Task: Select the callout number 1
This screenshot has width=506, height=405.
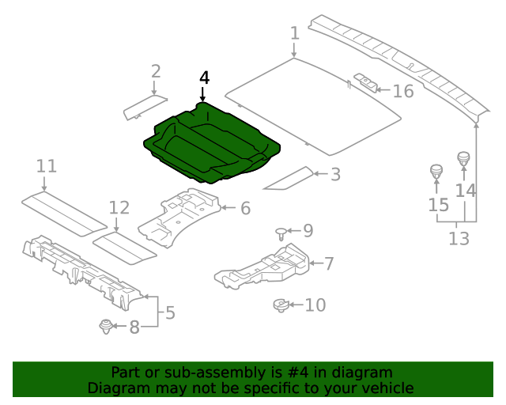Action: (295, 33)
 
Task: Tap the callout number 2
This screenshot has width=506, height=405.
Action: (156, 71)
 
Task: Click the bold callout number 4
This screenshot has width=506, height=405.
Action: (205, 78)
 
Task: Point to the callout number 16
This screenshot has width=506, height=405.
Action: (403, 91)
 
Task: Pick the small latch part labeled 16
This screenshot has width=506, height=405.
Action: (366, 82)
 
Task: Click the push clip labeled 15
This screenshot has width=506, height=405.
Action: (435, 171)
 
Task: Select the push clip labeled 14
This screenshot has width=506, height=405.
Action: (463, 158)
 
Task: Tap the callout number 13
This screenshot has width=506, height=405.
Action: (459, 238)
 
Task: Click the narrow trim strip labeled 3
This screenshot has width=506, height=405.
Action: (288, 180)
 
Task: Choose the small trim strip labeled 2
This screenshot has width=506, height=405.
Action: (145, 107)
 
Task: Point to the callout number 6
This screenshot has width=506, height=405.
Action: (245, 208)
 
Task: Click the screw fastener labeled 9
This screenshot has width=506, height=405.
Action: (281, 232)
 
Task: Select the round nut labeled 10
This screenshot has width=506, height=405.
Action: (281, 304)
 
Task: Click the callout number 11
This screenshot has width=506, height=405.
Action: (47, 166)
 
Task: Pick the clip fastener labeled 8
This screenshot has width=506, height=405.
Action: (104, 325)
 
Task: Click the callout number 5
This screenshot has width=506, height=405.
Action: (170, 312)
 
